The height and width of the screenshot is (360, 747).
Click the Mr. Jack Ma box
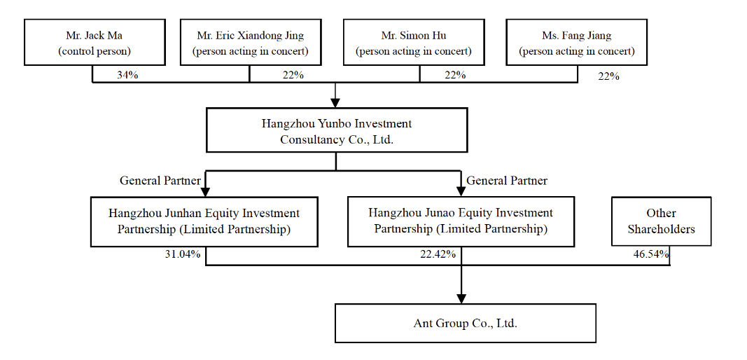click(95, 42)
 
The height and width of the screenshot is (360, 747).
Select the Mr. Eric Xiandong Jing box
click(251, 42)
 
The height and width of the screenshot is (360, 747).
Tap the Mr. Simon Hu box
click(414, 42)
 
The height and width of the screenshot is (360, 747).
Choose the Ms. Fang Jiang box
click(576, 42)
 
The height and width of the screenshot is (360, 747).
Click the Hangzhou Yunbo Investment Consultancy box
click(336, 130)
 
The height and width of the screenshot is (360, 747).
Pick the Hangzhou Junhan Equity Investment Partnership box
click(204, 222)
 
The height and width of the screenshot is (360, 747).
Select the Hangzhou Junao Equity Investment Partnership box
click(461, 222)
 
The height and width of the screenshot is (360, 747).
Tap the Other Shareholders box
click(662, 221)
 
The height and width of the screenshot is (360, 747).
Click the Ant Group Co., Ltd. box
click(466, 324)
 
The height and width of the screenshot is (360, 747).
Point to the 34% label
click(127, 76)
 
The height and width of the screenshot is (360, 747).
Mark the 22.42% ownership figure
click(438, 254)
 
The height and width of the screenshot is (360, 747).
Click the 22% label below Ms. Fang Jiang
click(609, 76)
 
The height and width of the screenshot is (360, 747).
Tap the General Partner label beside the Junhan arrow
click(160, 181)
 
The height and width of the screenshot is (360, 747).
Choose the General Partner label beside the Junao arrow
click(507, 181)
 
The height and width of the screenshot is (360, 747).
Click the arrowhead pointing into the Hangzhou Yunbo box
click(335, 102)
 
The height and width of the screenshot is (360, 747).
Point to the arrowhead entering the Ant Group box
click(461, 298)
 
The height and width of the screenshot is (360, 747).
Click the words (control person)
click(95, 51)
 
